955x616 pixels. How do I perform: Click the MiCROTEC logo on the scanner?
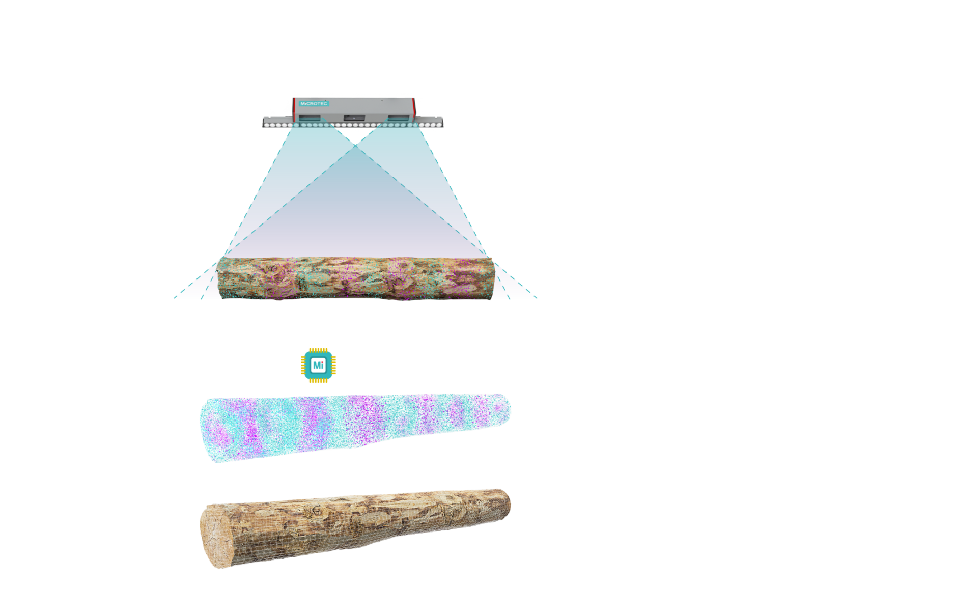pyautogui.click(x=314, y=103)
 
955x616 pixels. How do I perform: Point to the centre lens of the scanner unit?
pyautogui.click(x=354, y=118)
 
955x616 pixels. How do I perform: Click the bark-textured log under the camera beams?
pyautogui.click(x=355, y=278)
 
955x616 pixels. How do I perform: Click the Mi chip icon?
pyautogui.click(x=318, y=365)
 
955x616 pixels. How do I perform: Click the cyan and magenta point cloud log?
pyautogui.click(x=355, y=425)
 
